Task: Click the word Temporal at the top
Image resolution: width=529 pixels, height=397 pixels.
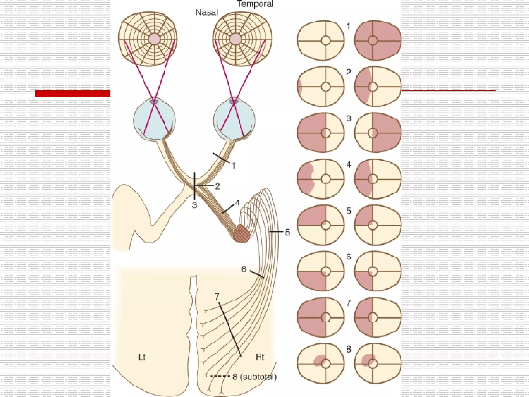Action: (x=255, y=4)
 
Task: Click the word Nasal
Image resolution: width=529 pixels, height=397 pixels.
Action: (x=207, y=12)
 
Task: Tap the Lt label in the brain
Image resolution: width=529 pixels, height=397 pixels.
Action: (x=142, y=357)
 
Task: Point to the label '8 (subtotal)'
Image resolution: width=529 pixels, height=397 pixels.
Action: (x=254, y=377)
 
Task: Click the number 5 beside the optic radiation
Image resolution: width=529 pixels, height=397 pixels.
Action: (x=287, y=232)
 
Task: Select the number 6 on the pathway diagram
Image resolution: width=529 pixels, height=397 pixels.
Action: (x=244, y=269)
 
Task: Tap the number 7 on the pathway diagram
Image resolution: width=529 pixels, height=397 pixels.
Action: (x=217, y=297)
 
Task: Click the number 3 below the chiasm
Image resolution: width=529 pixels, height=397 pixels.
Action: (x=195, y=205)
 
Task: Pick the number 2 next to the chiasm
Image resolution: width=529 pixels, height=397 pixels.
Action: (x=217, y=186)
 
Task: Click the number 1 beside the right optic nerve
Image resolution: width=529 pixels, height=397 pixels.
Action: (x=233, y=166)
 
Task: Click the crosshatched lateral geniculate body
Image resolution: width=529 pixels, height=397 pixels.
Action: (x=242, y=234)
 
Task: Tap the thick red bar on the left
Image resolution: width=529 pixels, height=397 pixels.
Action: (x=73, y=94)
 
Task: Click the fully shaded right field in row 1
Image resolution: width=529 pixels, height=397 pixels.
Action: (x=378, y=41)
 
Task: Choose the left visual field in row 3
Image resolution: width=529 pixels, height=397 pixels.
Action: (x=321, y=133)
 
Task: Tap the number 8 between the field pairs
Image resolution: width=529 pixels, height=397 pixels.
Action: (x=349, y=349)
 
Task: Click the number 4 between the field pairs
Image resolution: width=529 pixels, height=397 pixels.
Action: (x=349, y=165)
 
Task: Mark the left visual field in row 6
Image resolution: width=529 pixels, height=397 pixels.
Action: (x=321, y=271)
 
